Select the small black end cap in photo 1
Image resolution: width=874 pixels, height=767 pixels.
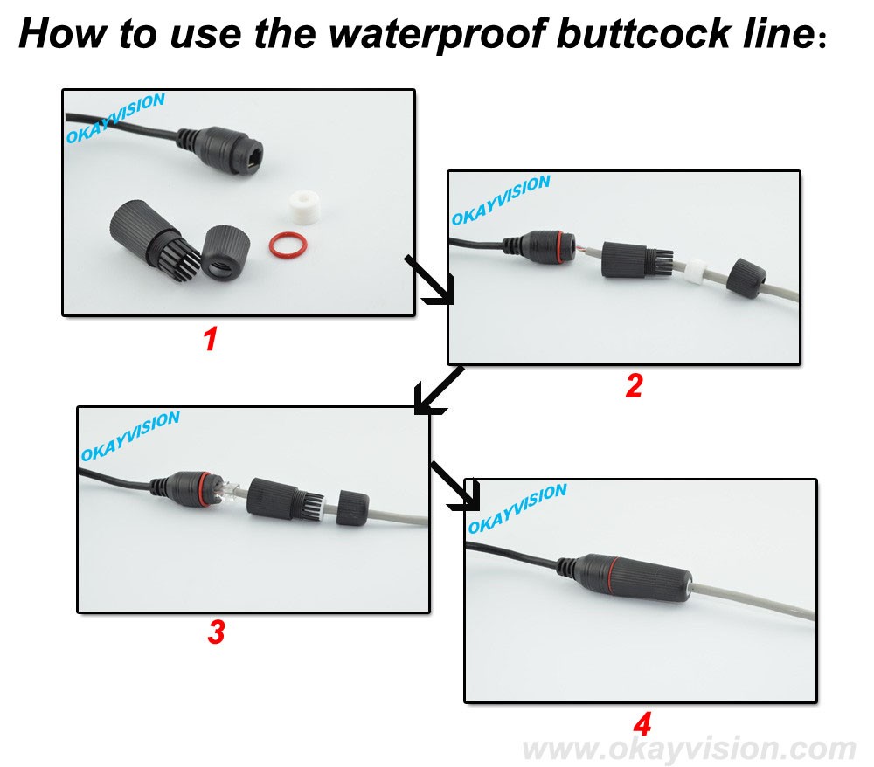point(225,253)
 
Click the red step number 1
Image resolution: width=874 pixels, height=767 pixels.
point(210,339)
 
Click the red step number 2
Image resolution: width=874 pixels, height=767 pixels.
point(634,385)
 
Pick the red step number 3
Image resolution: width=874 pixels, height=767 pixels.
point(216,632)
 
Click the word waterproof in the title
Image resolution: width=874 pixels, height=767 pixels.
point(436,34)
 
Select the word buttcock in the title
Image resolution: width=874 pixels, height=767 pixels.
point(643,32)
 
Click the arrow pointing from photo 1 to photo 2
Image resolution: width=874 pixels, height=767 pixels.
point(430,280)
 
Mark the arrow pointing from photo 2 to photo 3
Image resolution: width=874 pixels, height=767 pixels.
point(439,390)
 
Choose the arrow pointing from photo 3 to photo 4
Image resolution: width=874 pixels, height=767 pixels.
point(454,485)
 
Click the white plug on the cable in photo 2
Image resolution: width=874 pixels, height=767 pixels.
point(695,271)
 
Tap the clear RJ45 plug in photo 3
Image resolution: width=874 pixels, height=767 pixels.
point(228,491)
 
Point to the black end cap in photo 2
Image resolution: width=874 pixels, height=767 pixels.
point(746,278)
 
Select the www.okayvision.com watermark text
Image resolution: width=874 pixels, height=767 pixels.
point(689,749)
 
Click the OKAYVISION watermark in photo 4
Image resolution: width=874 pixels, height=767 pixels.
point(517,508)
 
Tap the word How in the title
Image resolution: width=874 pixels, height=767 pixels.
point(62,33)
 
